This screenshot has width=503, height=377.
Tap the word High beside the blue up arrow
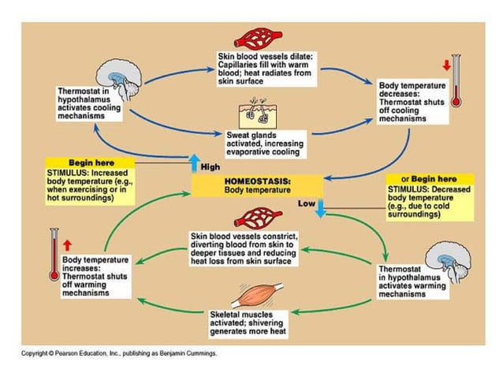[211, 167]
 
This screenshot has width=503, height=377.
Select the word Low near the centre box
[307, 203]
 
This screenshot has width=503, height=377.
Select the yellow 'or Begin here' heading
[429, 179]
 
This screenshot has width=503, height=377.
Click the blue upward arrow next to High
[194, 162]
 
